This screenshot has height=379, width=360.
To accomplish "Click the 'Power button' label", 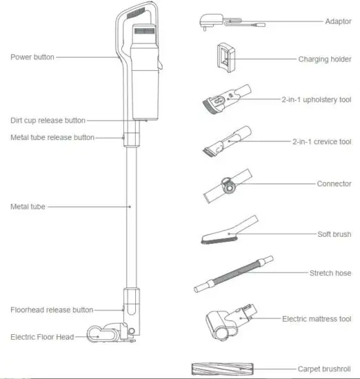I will pos(32,57).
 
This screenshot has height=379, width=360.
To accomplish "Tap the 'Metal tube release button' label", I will pos(52,137).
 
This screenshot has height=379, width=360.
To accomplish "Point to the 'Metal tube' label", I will pos(28,206).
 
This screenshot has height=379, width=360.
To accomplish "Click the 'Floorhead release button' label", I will pos(52,309).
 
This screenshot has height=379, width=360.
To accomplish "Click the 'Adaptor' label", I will pos(338,21).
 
